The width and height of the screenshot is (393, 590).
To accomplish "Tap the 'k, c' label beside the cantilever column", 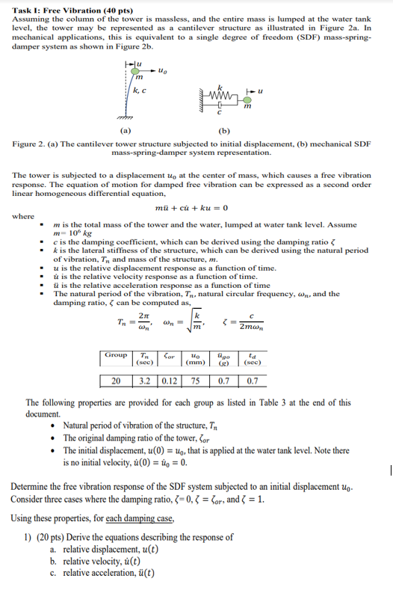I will point(140,90).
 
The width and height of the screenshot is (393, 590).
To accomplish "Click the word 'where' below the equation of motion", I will point(23,217).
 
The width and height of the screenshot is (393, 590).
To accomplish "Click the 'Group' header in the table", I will point(116,357).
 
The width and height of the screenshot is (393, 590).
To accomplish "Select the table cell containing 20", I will point(116,381).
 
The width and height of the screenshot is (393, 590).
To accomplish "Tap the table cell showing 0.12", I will point(169,381).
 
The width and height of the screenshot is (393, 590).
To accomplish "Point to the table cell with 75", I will point(195,381).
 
